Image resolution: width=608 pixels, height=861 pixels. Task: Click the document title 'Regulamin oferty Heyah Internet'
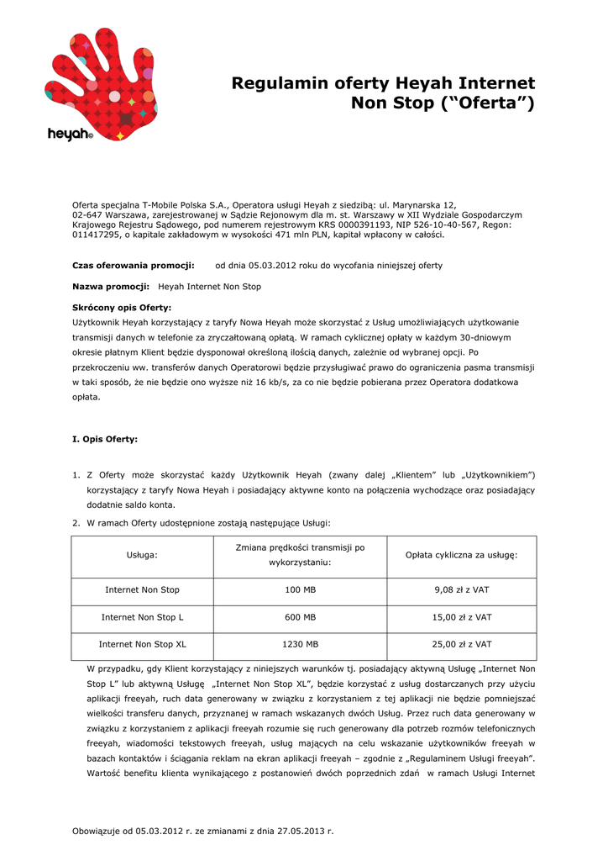coord(383,83)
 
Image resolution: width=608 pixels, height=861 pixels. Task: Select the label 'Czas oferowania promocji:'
coord(134,266)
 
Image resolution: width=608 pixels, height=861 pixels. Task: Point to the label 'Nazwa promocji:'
coord(111,287)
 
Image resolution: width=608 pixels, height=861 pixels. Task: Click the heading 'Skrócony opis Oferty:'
coord(122,308)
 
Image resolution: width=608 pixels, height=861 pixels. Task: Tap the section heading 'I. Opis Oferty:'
coord(105,439)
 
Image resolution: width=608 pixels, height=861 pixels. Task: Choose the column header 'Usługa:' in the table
coord(142,556)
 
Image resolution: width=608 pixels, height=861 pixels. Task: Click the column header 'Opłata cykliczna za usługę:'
coord(461,556)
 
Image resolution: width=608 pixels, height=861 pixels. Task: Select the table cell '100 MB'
coord(301,590)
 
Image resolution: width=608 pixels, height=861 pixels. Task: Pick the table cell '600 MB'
coord(301,617)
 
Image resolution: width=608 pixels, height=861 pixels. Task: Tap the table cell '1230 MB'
coord(301,644)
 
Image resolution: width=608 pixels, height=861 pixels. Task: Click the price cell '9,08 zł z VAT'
coord(461,590)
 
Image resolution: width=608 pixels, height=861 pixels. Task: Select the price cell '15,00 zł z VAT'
coord(461,617)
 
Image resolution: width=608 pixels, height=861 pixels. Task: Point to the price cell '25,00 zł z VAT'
coord(461,644)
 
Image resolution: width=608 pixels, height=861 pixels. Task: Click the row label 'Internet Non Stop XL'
coord(142,644)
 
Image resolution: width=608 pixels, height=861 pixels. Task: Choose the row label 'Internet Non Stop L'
coord(142,617)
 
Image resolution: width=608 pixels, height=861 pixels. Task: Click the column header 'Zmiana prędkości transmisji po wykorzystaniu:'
coord(301,554)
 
